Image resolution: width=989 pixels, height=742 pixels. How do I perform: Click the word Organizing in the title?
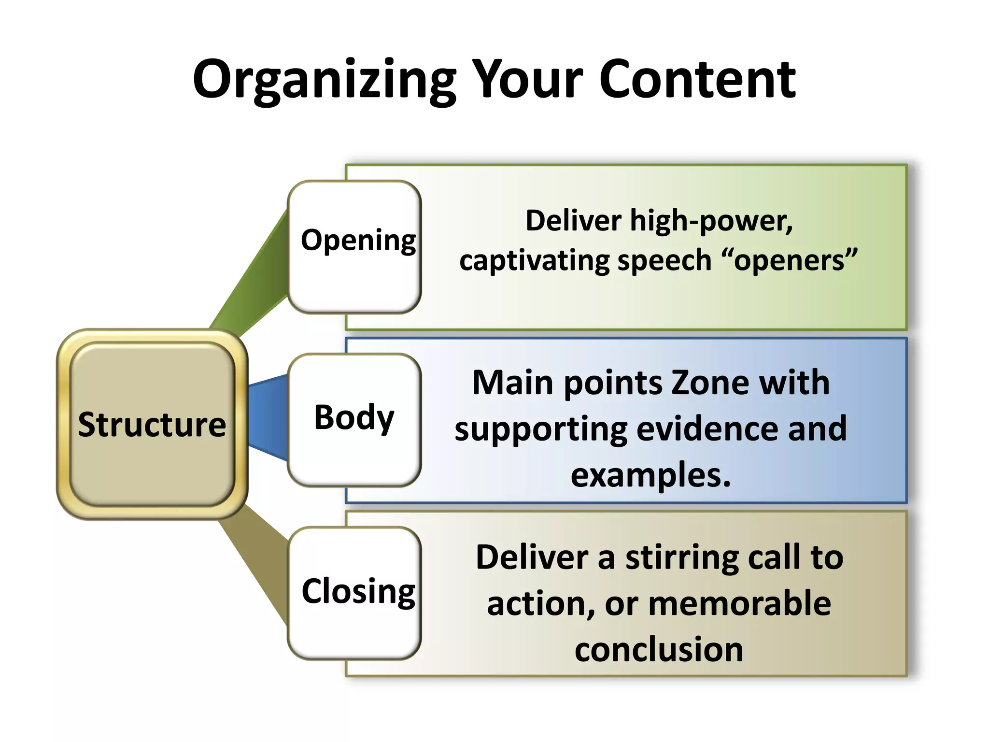pos(325,80)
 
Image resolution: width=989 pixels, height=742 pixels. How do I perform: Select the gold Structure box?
pos(152,424)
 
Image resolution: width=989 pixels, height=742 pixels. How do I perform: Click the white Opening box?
pos(354,246)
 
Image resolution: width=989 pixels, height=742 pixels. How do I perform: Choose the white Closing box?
pos(354,592)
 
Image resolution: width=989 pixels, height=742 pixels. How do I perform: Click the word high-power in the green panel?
pos(711,221)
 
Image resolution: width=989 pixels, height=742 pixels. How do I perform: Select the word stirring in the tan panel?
pos(682,557)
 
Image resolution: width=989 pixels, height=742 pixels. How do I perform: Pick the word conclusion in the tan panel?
pos(659,649)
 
